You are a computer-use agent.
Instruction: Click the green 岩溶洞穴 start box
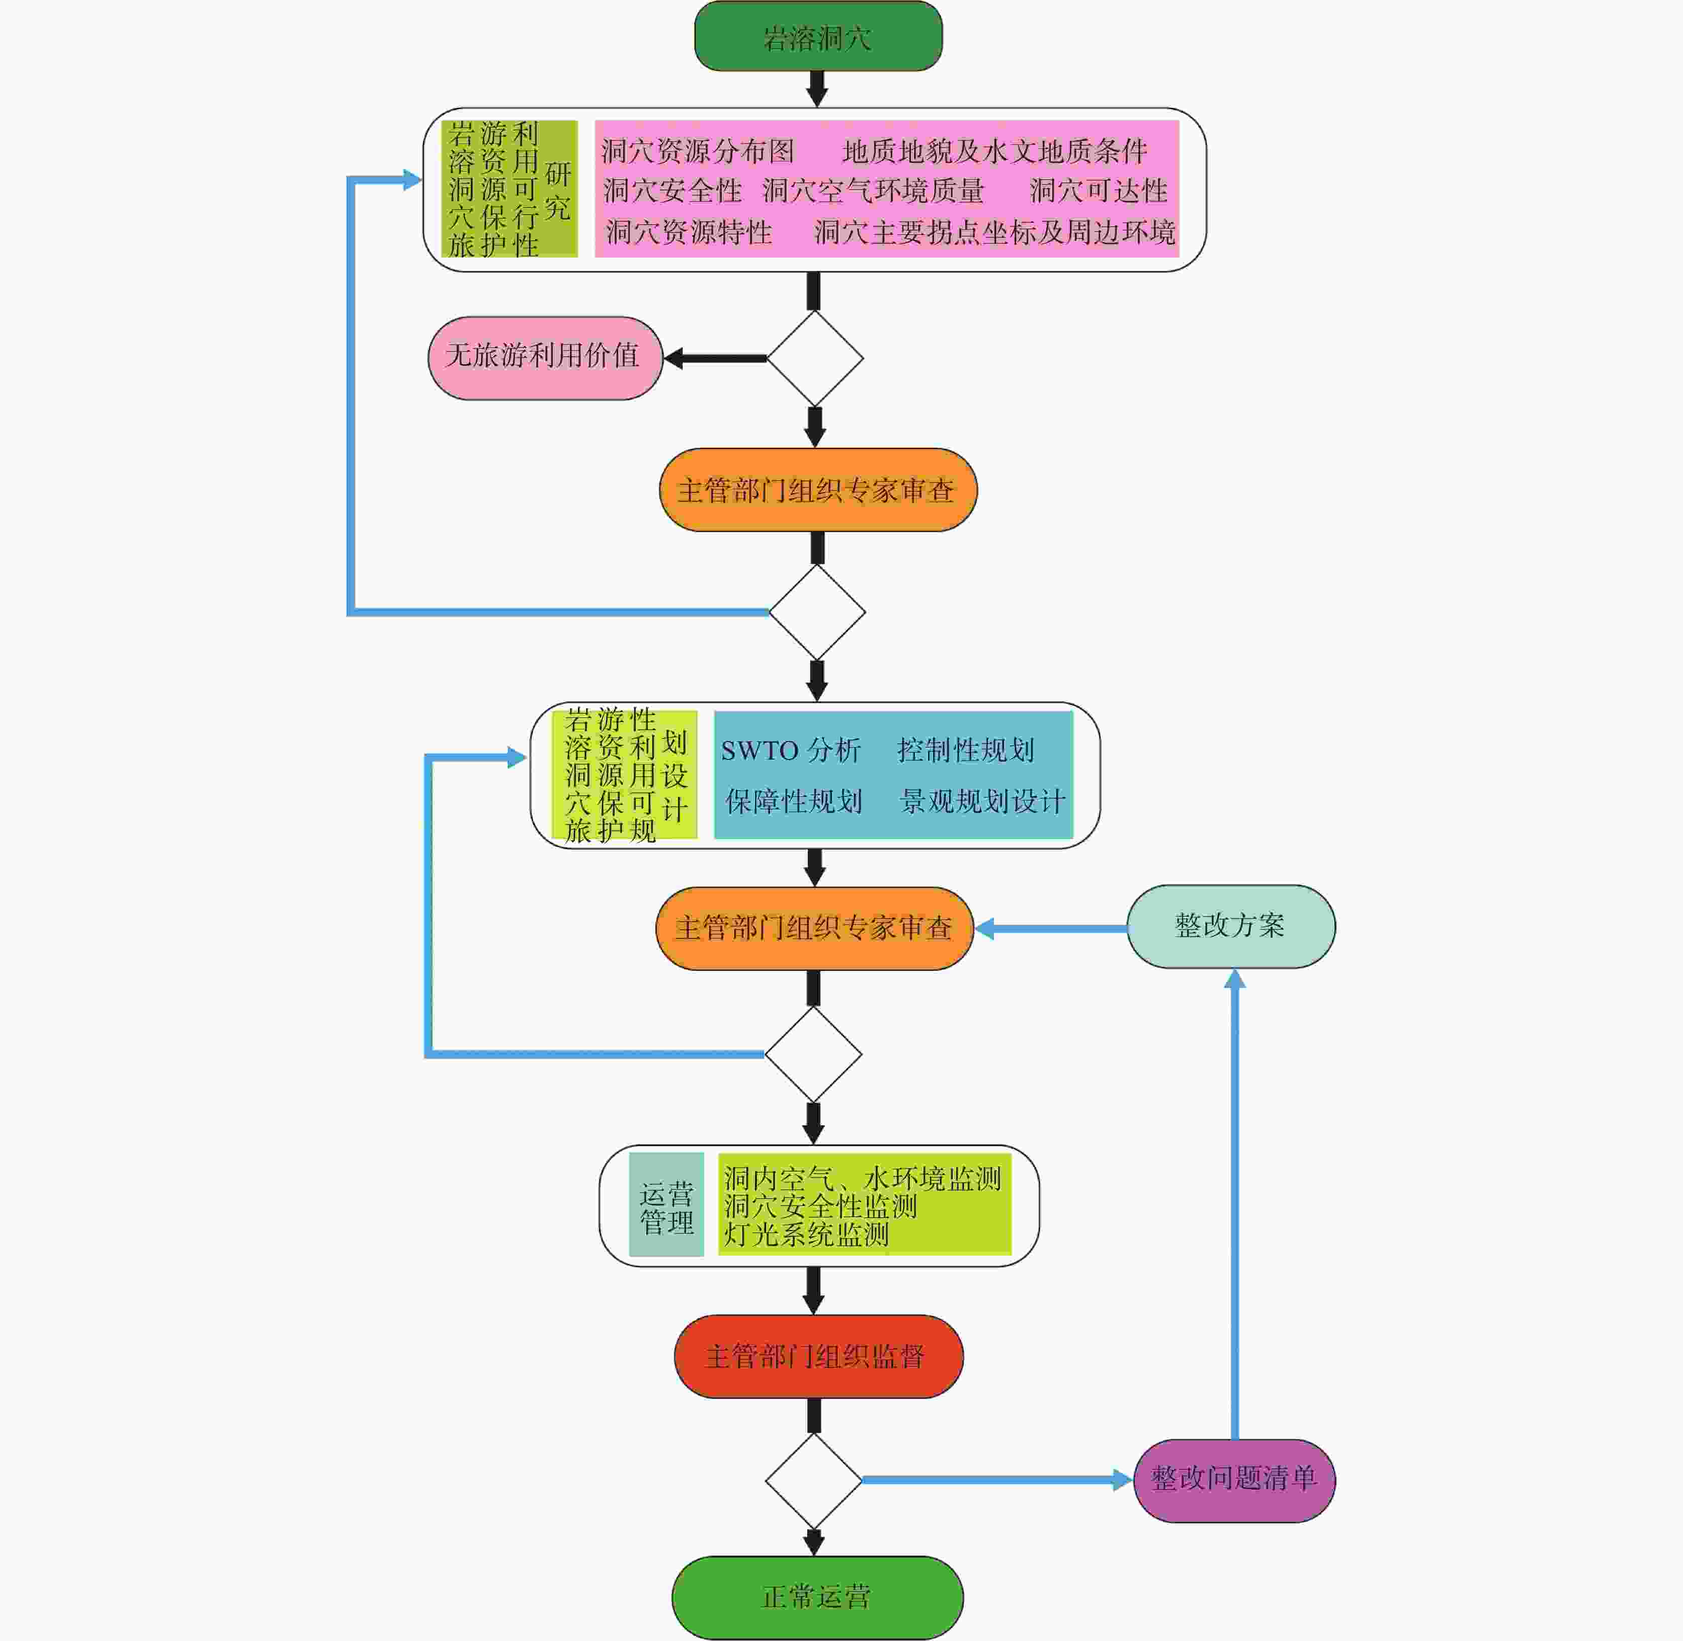[818, 36]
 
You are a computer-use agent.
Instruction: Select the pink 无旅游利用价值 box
[545, 358]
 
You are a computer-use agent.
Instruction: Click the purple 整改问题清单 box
[1234, 1481]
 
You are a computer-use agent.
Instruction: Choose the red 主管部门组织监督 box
[818, 1357]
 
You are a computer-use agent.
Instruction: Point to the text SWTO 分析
[790, 751]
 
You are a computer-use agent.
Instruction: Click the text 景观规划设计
[982, 801]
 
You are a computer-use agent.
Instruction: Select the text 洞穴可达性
[1099, 191]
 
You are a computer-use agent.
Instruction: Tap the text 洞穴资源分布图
[697, 151]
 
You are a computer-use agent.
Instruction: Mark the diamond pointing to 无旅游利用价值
[814, 358]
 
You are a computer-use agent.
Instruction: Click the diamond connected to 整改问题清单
[813, 1481]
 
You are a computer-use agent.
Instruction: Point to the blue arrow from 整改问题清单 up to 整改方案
[1235, 1204]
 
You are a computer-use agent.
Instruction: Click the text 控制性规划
[965, 750]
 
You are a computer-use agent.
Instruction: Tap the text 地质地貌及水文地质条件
[994, 151]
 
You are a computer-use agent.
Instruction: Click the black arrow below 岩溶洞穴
[817, 89]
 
